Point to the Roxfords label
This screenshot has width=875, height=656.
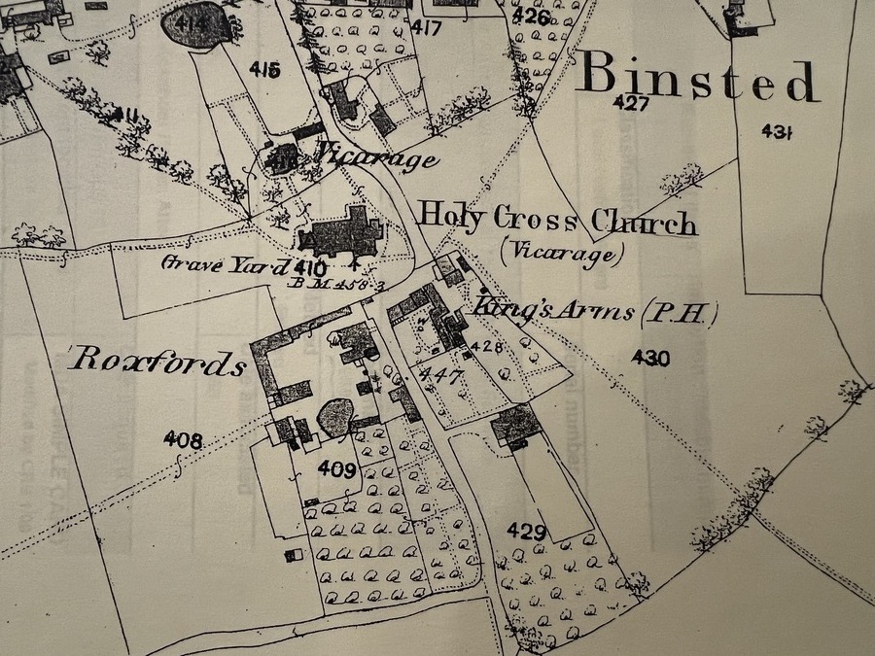tap(157, 363)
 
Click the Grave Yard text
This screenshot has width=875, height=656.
tap(225, 264)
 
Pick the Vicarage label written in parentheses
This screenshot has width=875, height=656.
tap(559, 254)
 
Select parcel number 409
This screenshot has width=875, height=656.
tap(336, 469)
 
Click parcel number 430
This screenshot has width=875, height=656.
tap(649, 359)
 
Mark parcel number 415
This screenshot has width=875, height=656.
tap(263, 69)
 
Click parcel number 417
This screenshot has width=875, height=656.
tap(425, 27)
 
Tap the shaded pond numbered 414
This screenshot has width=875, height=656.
tap(198, 23)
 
